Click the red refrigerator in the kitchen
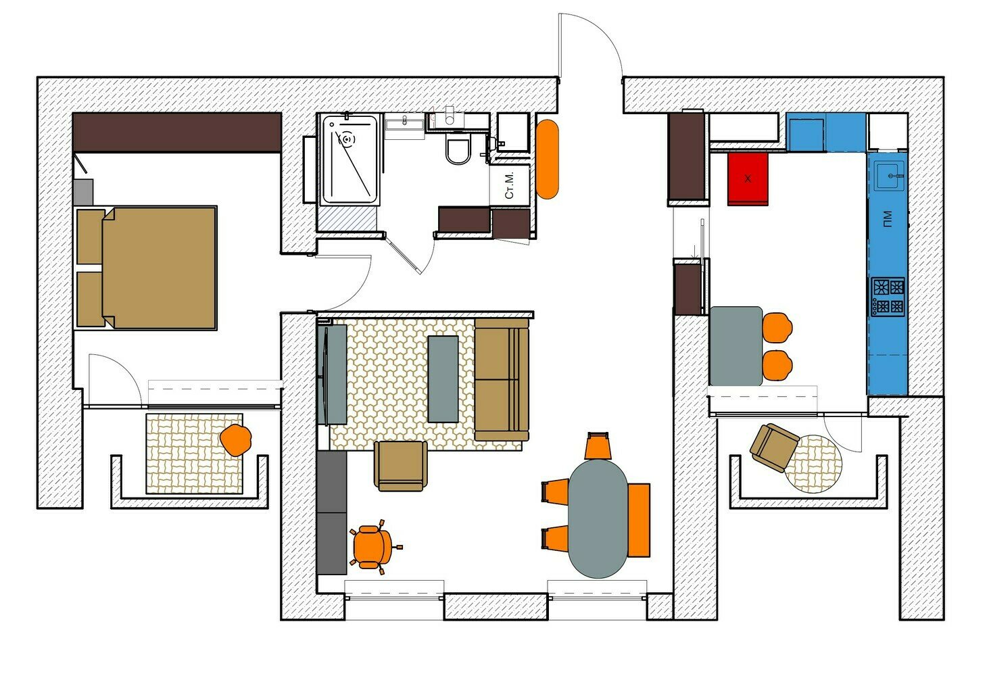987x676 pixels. point(747,179)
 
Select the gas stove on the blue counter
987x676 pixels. point(888,297)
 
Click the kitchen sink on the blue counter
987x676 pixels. point(889,176)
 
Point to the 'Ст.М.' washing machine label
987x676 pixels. point(509,185)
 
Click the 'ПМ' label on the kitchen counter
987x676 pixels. point(888,219)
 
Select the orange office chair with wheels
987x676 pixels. point(375,547)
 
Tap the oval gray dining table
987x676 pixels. point(598,518)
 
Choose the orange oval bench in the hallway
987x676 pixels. point(548,159)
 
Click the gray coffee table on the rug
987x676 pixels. point(443,379)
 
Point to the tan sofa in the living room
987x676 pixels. point(502,379)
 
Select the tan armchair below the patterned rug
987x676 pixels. point(400,466)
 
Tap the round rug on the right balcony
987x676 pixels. point(814,464)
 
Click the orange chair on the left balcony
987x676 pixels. point(236,440)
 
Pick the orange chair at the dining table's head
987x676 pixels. point(598,445)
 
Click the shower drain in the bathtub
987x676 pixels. point(347,140)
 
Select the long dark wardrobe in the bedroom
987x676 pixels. point(177,132)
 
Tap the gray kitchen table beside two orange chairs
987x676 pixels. point(736,346)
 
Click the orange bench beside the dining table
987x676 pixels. point(639,521)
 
